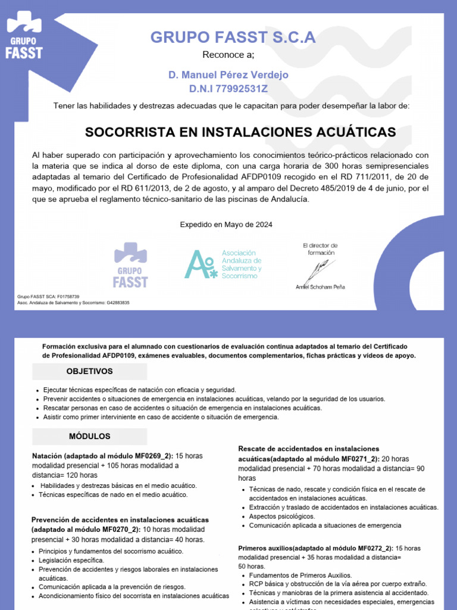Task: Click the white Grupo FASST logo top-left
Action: click(x=24, y=36)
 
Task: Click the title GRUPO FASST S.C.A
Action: click(x=233, y=38)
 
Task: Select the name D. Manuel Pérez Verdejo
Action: click(x=228, y=74)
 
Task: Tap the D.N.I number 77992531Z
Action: click(x=228, y=89)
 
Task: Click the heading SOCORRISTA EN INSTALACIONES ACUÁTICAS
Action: click(x=240, y=132)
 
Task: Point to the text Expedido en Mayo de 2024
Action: click(x=226, y=225)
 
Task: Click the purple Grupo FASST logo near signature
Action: click(x=130, y=265)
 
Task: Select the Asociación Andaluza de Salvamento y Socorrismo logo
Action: click(x=223, y=264)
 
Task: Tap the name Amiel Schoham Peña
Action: click(x=320, y=287)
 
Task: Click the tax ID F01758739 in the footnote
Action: click(x=68, y=296)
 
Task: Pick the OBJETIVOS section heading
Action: click(x=89, y=371)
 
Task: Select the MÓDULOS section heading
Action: click(x=89, y=437)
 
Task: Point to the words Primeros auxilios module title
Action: click(x=265, y=548)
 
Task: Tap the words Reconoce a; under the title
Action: click(x=228, y=55)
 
